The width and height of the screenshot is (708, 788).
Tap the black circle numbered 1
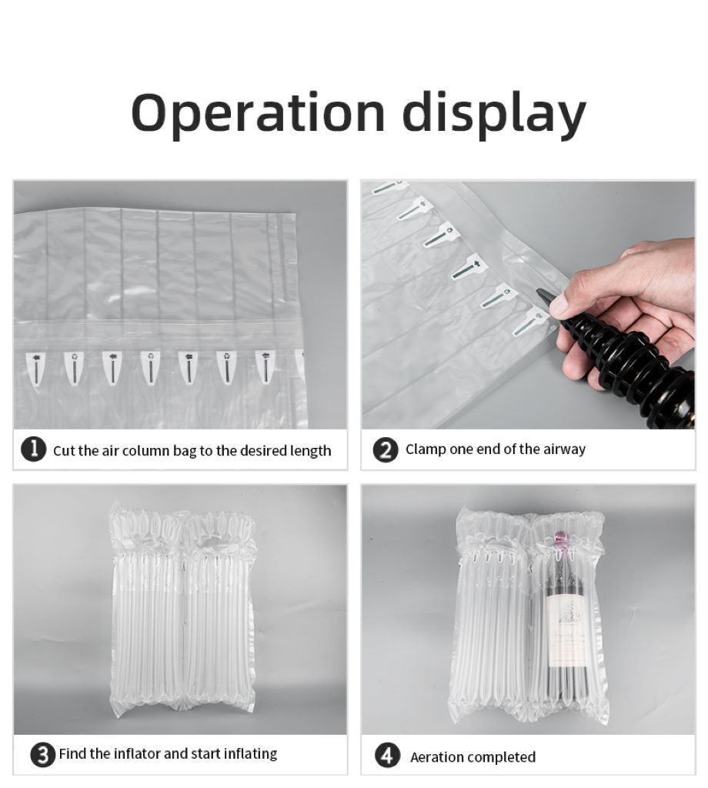34,449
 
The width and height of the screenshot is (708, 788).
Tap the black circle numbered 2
386,449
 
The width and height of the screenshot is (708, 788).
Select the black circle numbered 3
43,754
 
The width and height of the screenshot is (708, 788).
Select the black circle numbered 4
388,756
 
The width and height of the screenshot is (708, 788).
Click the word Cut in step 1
64,450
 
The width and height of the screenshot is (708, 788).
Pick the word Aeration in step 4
436,757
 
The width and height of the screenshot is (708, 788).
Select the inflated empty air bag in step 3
183,608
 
